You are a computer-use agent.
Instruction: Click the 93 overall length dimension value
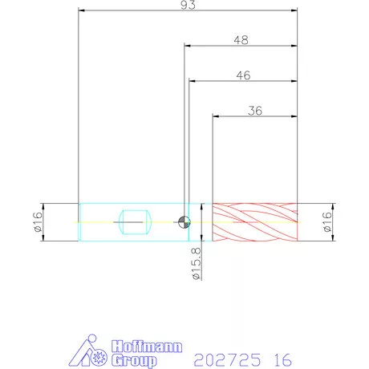pos(188,5)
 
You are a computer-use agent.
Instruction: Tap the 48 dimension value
pos(241,40)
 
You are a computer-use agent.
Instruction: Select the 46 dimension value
pos(244,75)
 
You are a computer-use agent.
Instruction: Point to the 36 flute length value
pos(255,111)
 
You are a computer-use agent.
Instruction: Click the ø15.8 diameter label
pos(197,264)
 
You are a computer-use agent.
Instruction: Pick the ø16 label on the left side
pos(38,222)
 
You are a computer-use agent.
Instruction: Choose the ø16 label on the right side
pos(327,222)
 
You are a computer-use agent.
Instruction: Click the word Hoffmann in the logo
pos(147,347)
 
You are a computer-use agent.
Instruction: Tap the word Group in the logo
pos(134,361)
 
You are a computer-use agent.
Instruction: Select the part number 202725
pos(227,360)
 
